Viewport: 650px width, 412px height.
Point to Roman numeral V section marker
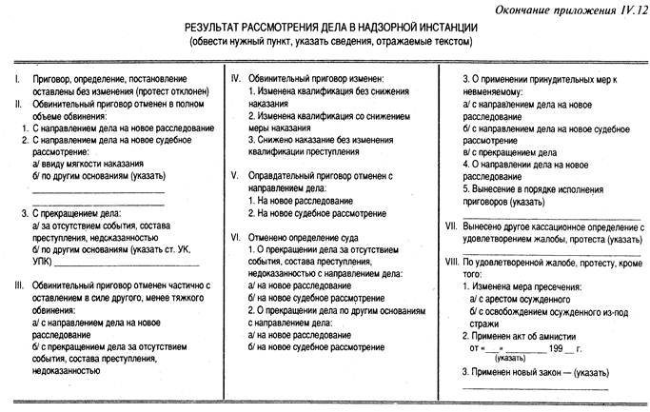click(x=233, y=177)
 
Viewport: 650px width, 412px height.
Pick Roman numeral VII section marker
click(x=450, y=228)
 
